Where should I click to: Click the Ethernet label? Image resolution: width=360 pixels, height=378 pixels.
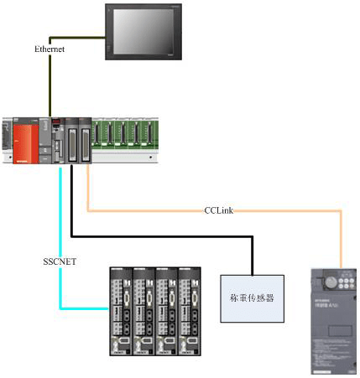click(50, 50)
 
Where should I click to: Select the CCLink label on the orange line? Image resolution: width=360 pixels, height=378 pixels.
click(220, 210)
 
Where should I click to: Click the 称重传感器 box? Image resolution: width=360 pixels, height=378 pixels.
click(249, 298)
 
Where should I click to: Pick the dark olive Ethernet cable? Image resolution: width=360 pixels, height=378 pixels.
click(50, 84)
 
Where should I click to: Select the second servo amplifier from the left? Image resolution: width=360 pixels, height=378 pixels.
click(145, 311)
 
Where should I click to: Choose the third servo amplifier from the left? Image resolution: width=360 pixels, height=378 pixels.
click(169, 311)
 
